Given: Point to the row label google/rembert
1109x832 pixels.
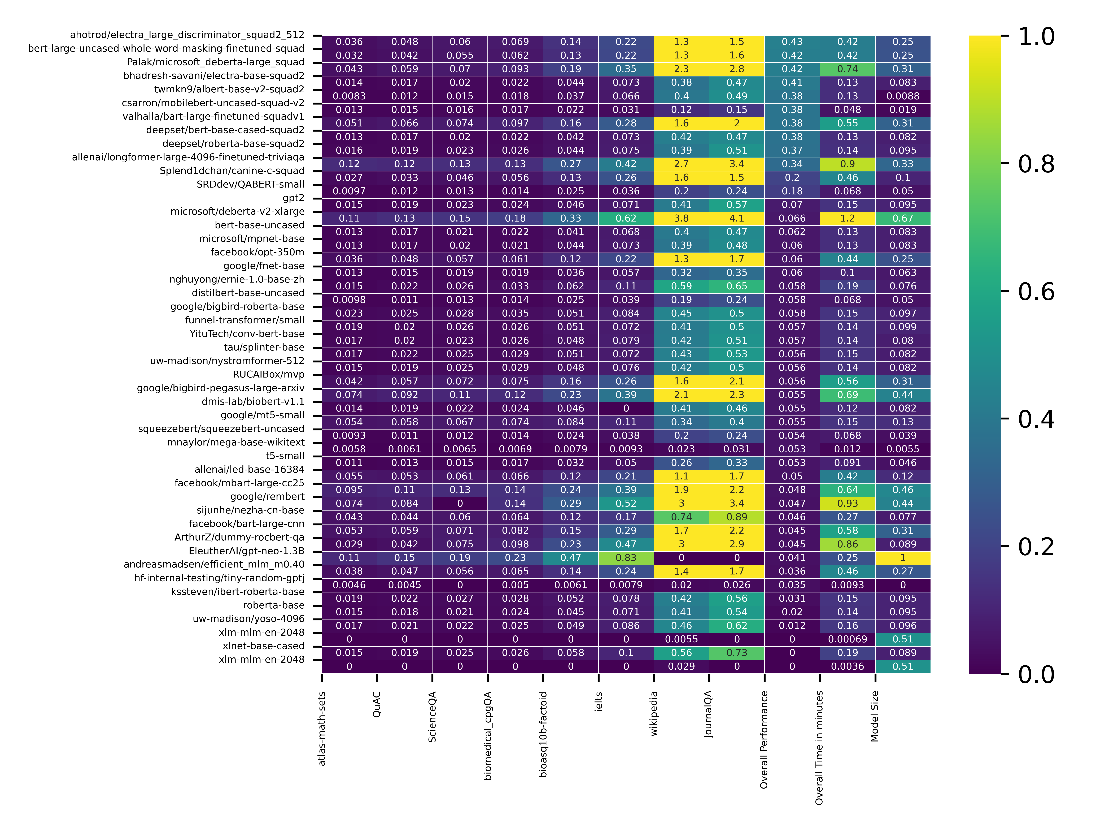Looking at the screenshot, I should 267,496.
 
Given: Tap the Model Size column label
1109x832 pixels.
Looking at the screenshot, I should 875,716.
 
